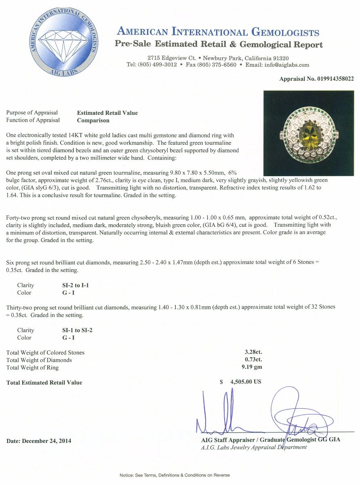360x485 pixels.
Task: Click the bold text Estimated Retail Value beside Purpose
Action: (x=107, y=113)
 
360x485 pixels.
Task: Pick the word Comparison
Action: (x=93, y=120)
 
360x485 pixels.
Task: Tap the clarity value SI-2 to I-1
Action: (x=73, y=285)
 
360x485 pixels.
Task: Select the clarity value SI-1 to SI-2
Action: (x=74, y=330)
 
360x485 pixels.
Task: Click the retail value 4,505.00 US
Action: (x=246, y=381)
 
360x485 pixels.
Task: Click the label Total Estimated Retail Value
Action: (x=44, y=382)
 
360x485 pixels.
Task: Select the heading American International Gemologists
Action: (x=218, y=32)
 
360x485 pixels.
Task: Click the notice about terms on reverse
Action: (x=175, y=475)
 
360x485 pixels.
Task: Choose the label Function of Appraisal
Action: (x=33, y=120)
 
